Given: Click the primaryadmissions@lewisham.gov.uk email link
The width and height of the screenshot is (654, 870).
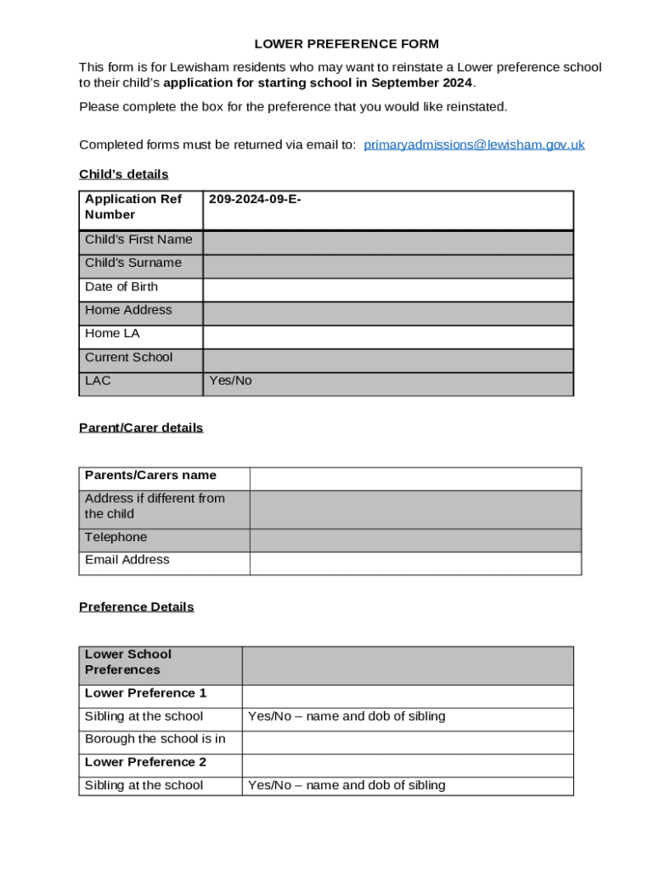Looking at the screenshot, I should [474, 144].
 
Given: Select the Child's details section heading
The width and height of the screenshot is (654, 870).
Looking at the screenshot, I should [124, 174].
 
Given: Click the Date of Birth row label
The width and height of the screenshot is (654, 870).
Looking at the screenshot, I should [121, 287].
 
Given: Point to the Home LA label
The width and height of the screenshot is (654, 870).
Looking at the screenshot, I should [112, 334].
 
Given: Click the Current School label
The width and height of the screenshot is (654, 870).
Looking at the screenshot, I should [128, 358].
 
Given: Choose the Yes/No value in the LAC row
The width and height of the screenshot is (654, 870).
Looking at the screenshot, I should [230, 381].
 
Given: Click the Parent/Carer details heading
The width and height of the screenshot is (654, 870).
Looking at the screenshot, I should [141, 427].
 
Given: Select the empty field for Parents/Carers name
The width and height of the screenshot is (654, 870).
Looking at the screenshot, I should [414, 478].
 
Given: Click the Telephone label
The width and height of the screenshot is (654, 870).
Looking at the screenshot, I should [116, 537].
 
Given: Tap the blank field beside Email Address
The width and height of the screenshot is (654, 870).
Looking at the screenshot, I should [414, 563].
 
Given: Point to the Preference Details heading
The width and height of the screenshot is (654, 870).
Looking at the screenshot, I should [136, 607].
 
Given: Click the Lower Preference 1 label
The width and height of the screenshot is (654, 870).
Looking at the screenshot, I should [145, 693].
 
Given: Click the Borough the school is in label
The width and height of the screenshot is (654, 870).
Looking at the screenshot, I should [155, 739].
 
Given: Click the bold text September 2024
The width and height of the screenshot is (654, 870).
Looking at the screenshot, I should [421, 82].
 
